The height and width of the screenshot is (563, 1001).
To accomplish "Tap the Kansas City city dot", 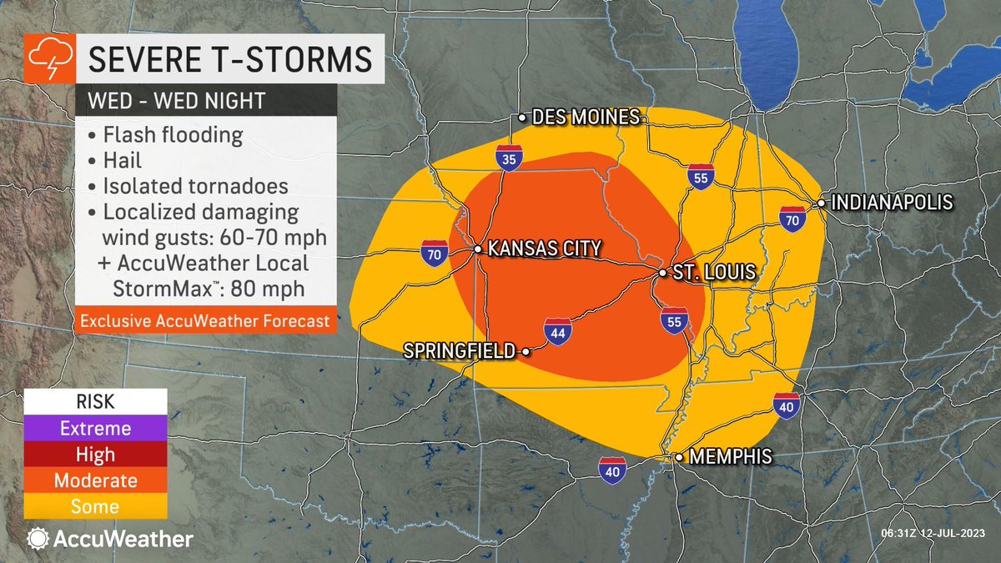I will (477, 249).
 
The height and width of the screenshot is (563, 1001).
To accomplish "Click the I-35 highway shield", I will (508, 157).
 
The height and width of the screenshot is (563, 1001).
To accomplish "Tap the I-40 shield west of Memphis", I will (612, 470).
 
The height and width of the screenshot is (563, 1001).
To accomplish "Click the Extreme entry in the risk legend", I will (95, 428).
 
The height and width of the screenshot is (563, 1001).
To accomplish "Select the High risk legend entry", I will (95, 455).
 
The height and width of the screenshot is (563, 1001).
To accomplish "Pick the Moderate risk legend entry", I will (95, 480).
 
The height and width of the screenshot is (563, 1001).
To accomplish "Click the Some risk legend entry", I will (95, 506).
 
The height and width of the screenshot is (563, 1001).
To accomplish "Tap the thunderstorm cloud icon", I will (43, 59).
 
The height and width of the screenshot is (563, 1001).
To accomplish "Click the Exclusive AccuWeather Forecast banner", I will (204, 320).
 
